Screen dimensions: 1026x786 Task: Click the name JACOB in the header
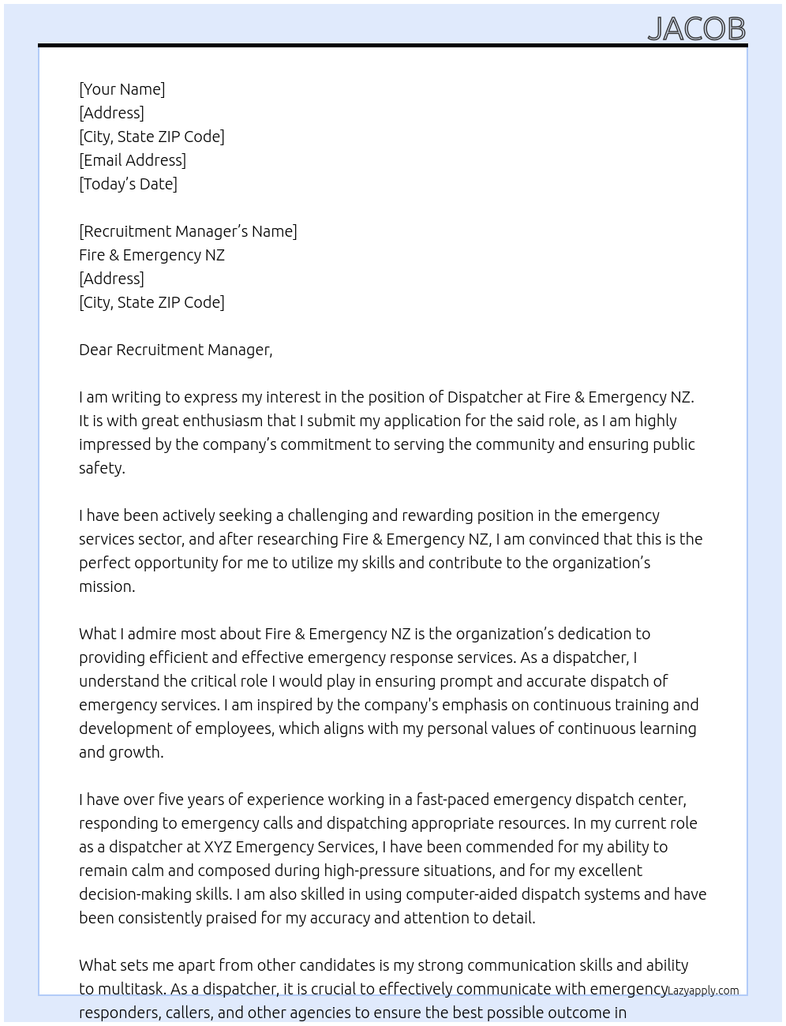[x=696, y=28]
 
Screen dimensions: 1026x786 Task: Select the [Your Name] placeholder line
[x=122, y=89]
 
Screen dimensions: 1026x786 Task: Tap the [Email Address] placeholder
[x=133, y=160]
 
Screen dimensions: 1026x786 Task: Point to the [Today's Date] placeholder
[x=128, y=184]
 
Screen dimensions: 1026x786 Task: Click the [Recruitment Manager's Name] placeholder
[x=188, y=231]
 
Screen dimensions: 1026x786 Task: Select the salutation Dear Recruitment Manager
[x=175, y=350]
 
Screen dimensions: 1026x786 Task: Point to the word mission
[x=106, y=586]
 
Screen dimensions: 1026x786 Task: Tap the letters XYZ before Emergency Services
[x=218, y=847]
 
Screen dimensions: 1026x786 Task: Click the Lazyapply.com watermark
[x=703, y=990]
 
